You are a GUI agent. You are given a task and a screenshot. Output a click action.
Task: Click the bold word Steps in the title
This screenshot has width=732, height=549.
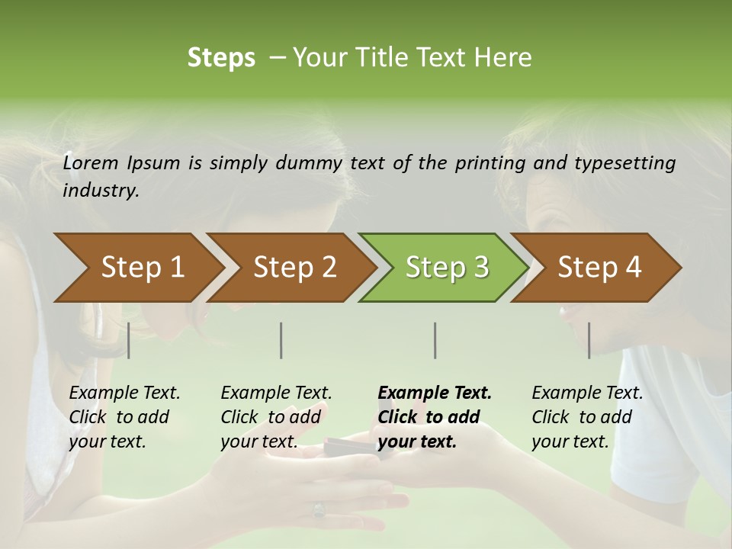click(221, 58)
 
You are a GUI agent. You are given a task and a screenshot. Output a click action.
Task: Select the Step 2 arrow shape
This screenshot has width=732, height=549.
click(294, 268)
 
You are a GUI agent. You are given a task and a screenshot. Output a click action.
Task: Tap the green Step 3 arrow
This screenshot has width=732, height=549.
click(447, 268)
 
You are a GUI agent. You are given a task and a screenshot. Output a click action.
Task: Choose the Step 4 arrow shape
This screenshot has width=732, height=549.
click(599, 268)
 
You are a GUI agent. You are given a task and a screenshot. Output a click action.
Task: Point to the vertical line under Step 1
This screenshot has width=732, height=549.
click(129, 340)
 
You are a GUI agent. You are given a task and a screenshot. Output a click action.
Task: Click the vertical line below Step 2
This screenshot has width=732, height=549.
click(281, 340)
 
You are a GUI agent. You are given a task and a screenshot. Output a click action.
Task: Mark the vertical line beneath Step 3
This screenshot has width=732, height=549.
click(435, 340)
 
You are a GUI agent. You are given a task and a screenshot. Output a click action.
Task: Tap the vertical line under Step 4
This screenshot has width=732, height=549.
click(589, 340)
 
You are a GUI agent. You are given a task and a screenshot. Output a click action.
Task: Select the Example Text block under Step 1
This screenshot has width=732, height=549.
click(124, 417)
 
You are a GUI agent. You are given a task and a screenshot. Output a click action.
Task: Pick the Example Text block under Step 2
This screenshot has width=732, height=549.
click(276, 417)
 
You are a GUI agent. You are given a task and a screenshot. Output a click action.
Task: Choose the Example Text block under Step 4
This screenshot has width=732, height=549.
click(587, 417)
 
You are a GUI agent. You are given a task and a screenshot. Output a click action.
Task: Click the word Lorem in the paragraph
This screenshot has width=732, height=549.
click(91, 162)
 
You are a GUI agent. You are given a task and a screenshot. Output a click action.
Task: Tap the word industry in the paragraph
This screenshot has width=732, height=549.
click(100, 191)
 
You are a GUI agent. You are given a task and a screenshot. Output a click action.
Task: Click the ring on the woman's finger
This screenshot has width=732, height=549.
click(318, 509)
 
